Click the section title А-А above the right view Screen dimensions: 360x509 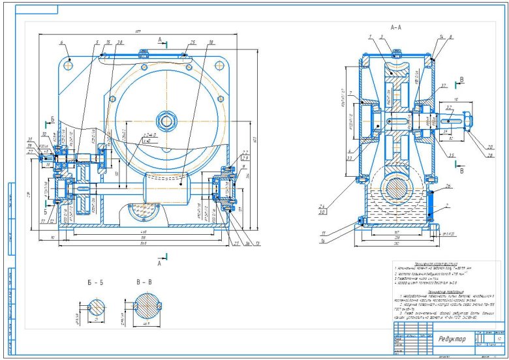click(x=395, y=29)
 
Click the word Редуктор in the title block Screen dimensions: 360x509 click(x=452, y=339)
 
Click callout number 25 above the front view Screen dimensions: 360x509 click(x=193, y=42)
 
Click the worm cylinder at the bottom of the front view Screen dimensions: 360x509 click(x=168, y=189)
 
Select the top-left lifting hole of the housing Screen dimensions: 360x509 click(x=69, y=64)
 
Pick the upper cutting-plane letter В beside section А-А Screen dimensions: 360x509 click(x=462, y=80)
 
